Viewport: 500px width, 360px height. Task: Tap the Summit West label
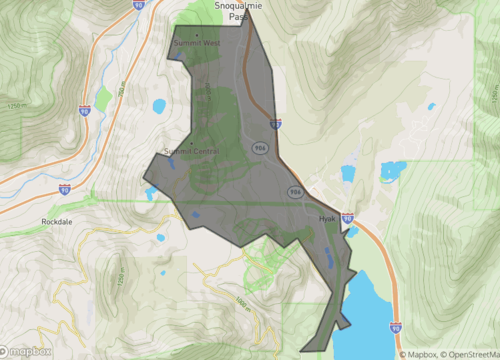coord(197,44)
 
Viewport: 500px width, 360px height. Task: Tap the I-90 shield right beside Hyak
coord(347,217)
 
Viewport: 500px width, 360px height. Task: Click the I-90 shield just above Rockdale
coord(64,188)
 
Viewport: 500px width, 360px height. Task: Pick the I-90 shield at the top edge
coord(138,5)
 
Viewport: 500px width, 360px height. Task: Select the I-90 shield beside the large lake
coord(396,326)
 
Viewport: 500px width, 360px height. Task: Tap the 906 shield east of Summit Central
coord(257,148)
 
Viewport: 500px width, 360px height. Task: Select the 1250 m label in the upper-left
coord(14,104)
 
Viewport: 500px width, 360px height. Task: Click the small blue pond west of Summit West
coord(159,106)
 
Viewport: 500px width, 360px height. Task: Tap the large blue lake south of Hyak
coord(370,310)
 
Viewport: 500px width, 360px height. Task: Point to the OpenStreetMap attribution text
coord(465,354)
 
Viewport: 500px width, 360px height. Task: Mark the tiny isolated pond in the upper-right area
coord(432,106)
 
